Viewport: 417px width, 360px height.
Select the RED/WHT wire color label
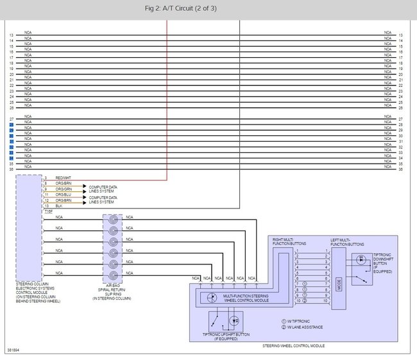click(63, 178)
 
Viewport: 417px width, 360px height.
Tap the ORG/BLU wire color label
click(63, 195)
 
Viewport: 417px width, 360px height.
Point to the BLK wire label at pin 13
click(59, 206)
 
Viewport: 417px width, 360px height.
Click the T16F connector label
click(48, 211)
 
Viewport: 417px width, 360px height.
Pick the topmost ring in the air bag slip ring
click(114, 219)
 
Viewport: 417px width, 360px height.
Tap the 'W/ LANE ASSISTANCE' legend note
click(304, 327)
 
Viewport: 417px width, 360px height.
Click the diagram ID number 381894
click(13, 350)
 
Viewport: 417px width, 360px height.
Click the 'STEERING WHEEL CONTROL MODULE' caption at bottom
click(293, 346)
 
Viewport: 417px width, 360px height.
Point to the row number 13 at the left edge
click(12, 35)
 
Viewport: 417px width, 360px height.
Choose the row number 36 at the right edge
click(400, 168)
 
